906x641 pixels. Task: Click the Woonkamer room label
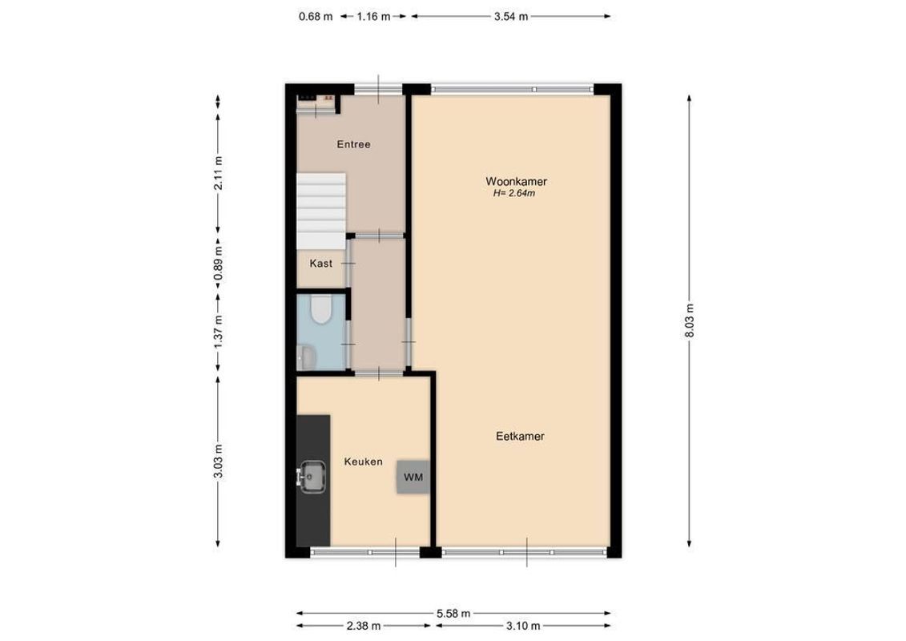tap(515, 182)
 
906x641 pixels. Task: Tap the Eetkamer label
tap(520, 437)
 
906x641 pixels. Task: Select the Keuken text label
tap(363, 462)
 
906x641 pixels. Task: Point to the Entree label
tap(353, 144)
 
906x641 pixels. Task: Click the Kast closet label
tap(320, 264)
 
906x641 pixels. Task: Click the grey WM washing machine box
tap(413, 478)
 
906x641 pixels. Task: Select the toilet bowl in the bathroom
tap(321, 309)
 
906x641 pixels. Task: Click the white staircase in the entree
tap(321, 210)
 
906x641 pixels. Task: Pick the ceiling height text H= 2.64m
tap(515, 194)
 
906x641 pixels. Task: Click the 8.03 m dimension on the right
tap(689, 321)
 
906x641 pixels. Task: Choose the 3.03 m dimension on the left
tap(218, 462)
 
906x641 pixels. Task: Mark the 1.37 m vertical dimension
tap(218, 331)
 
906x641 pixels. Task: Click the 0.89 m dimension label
tap(218, 264)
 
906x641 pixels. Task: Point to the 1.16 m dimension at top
tap(373, 16)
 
